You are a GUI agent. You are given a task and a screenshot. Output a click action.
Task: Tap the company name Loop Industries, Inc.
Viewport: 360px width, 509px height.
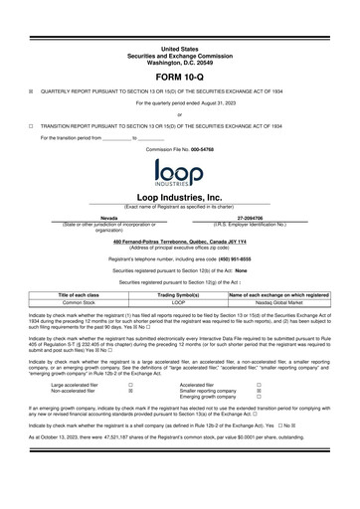point(180,198)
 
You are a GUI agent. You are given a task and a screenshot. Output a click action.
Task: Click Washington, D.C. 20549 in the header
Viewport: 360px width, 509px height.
point(180,61)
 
